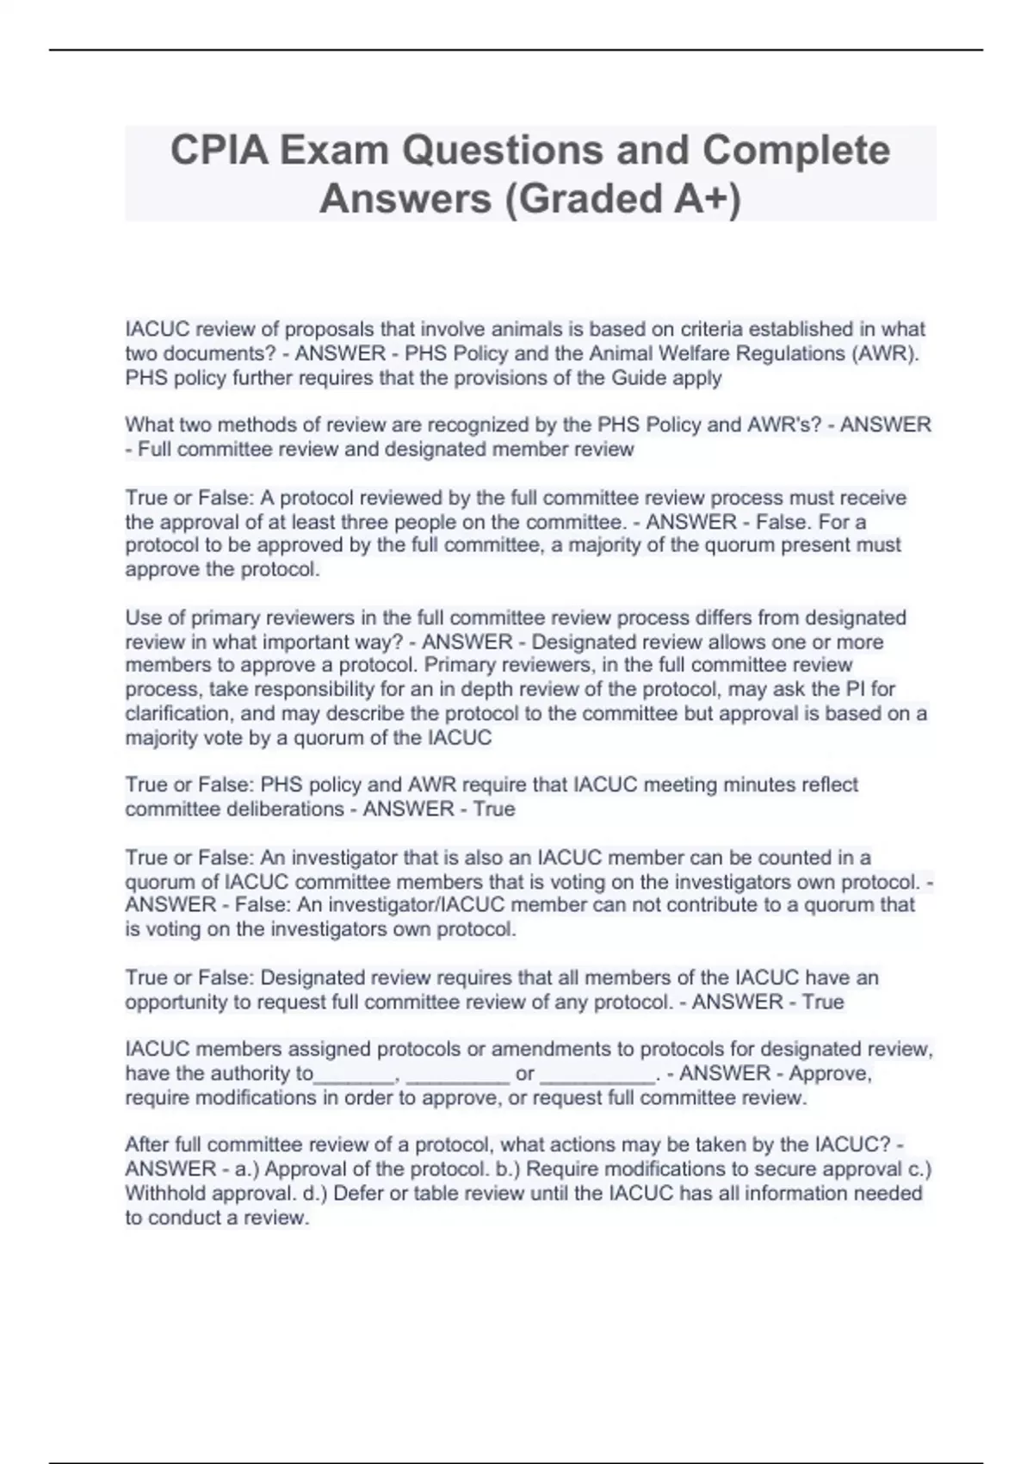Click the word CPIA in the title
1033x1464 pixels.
click(x=214, y=151)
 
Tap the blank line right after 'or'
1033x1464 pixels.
click(x=597, y=1074)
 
